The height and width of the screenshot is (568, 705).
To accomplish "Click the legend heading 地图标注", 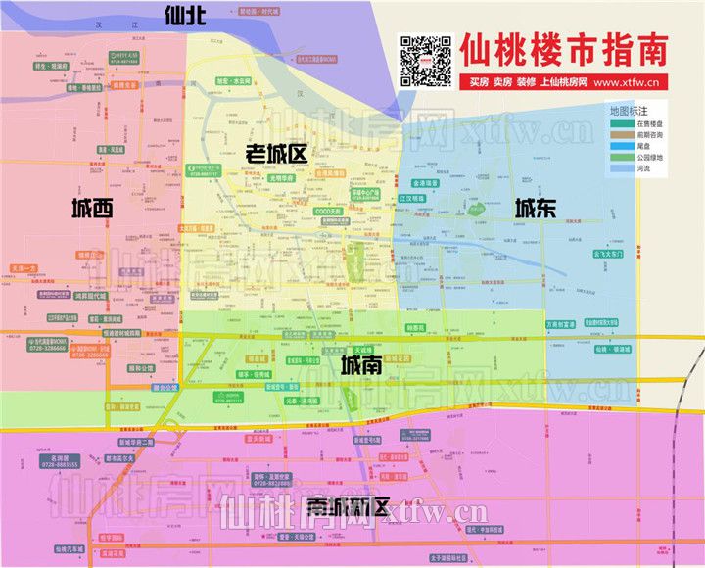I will click(629, 111).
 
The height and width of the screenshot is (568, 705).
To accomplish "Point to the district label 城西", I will click(92, 208).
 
